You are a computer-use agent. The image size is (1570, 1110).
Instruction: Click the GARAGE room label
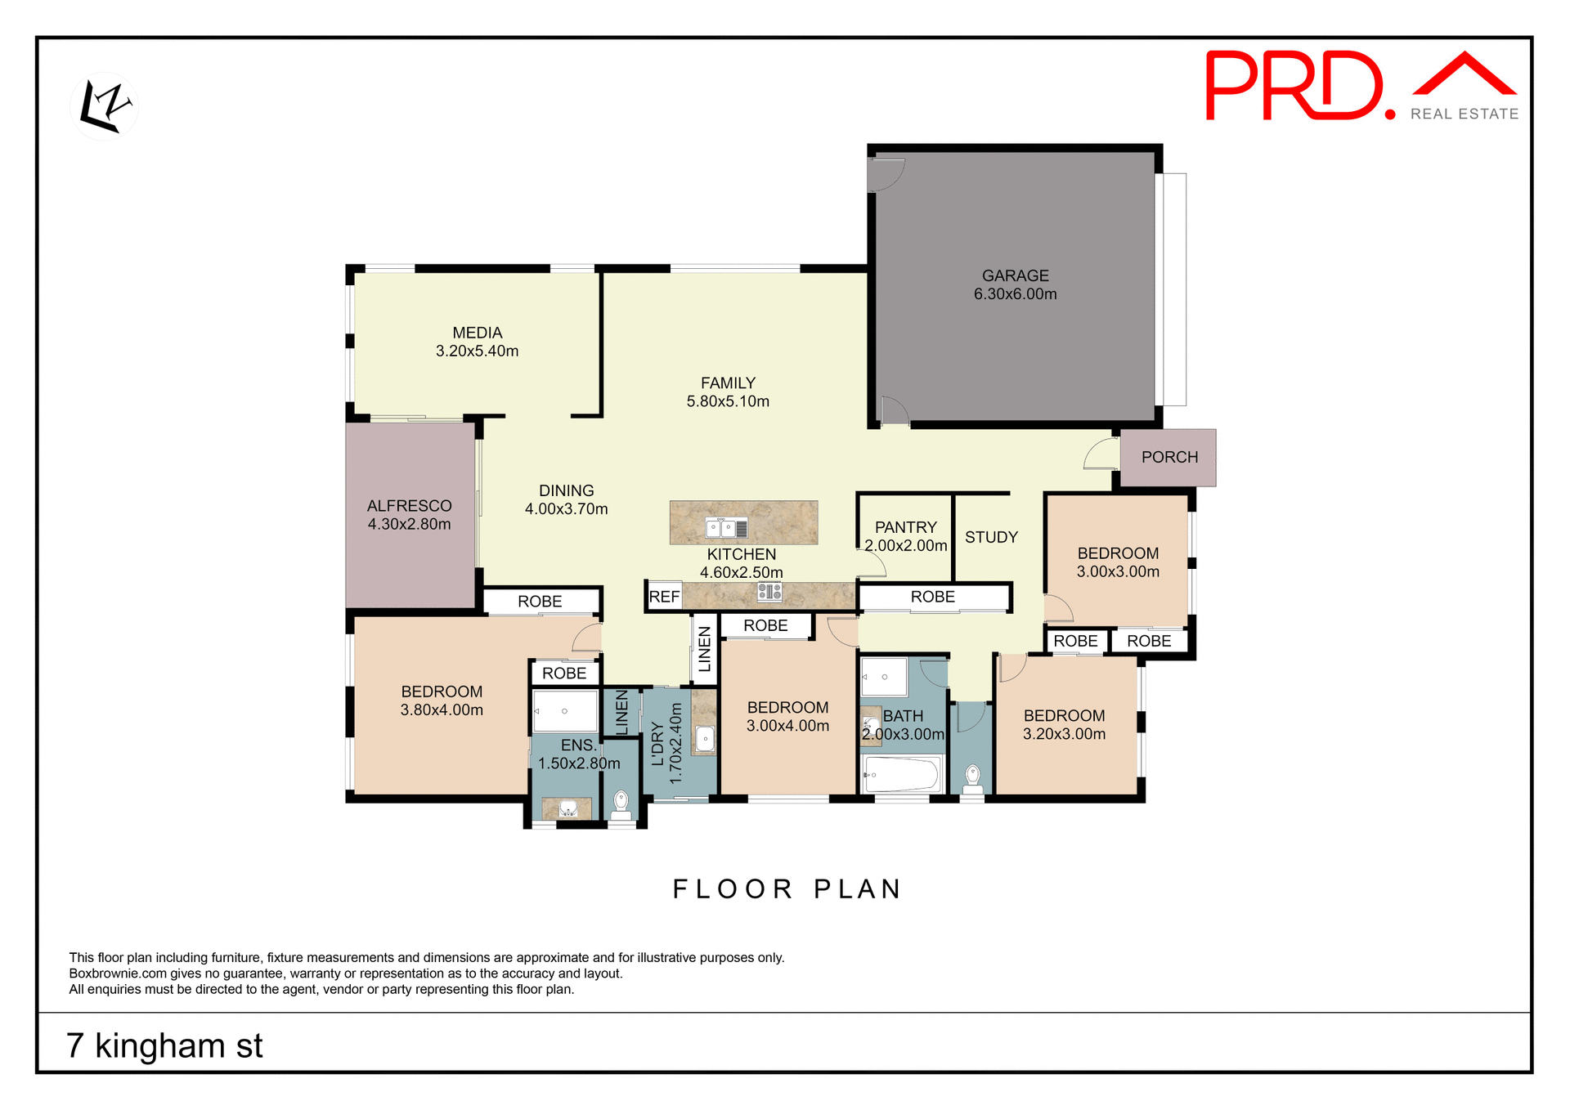pos(1015,276)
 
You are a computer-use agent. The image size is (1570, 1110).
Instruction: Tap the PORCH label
pos(1169,457)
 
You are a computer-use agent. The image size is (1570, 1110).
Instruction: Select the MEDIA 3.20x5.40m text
pos(477,342)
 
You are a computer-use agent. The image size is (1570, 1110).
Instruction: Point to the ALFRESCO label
pos(409,506)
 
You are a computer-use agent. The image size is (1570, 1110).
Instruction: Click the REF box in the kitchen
pos(664,597)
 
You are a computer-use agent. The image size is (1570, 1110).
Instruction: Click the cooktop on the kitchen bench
pos(769,591)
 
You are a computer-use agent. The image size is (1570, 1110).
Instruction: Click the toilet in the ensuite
pos(621,803)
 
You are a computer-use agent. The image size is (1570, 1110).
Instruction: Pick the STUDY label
pos(991,537)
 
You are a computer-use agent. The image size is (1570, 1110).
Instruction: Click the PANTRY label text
pos(905,527)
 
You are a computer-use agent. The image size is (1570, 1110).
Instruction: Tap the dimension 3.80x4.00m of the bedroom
pos(442,709)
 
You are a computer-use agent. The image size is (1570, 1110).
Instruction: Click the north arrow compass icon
pos(105,106)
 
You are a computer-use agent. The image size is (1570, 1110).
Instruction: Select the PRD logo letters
pos(1295,85)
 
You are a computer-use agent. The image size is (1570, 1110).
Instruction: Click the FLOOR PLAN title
pos(787,888)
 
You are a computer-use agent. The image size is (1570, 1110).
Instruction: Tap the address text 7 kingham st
pos(164,1045)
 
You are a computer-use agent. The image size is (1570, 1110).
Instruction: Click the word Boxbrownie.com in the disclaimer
pos(118,973)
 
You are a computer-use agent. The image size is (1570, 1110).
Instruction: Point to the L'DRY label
pos(657,744)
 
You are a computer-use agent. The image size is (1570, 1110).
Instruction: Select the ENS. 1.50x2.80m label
pos(579,754)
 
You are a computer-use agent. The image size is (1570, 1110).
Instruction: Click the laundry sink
pos(704,739)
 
